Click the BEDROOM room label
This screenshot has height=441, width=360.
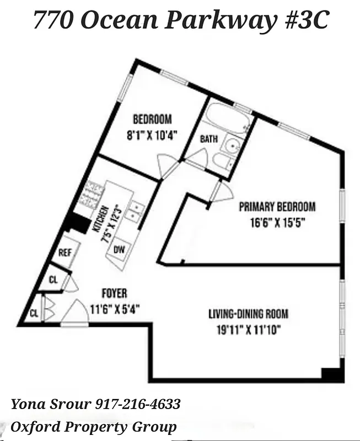(x=152, y=119)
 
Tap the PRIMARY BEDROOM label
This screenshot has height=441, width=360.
(x=277, y=207)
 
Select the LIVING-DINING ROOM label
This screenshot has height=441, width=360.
(x=248, y=314)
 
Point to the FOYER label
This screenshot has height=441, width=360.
(x=114, y=293)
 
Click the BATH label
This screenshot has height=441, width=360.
(x=208, y=139)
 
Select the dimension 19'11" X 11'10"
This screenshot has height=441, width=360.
(x=248, y=331)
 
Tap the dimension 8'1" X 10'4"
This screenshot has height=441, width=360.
(x=152, y=135)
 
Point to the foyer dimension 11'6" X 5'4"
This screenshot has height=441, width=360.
(x=114, y=309)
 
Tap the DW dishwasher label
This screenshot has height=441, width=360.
(x=119, y=250)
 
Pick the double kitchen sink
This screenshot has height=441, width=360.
(x=134, y=211)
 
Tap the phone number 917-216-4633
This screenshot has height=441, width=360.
(x=138, y=405)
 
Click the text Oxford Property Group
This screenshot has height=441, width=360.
(x=94, y=427)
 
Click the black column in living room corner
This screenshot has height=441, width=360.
(x=333, y=374)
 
